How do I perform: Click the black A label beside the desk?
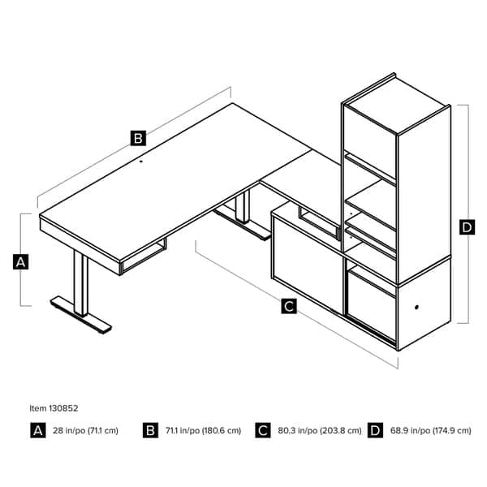point(21,261)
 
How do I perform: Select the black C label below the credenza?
point(288,306)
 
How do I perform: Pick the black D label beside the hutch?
point(467,228)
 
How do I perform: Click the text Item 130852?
point(54,408)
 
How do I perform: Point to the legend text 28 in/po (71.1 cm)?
point(85,430)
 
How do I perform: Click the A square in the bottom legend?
point(37,430)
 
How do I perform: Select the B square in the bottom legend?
point(150,430)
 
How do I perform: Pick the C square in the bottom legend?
point(262,430)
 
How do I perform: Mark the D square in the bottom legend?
point(375,430)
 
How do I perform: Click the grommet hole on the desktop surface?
point(140,161)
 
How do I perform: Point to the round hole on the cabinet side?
point(418,308)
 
